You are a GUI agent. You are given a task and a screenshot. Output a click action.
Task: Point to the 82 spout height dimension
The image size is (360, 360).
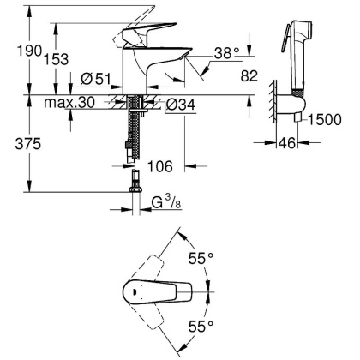249,77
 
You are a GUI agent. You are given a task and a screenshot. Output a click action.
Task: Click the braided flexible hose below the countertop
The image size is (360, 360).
135,137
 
